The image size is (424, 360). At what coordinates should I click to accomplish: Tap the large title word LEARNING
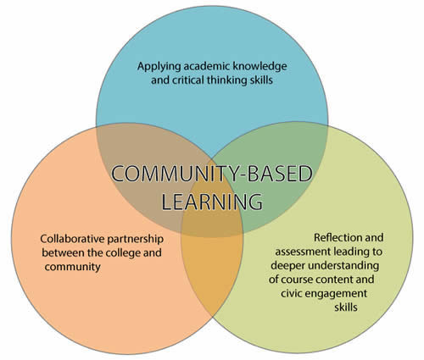pos(211,203)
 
